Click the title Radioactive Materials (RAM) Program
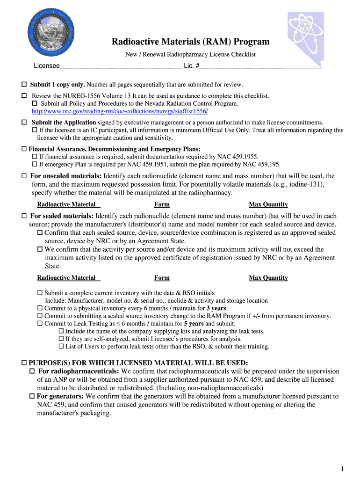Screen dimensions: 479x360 pos(190,42)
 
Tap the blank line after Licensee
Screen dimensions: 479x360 pos(121,66)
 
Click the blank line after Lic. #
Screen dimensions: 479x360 pos(260,66)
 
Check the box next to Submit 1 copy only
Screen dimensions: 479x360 pos(24,85)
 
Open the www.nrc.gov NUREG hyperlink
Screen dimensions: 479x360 pos(120,111)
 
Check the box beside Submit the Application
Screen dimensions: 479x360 pos(24,122)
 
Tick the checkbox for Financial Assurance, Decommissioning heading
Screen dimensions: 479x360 pos(24,149)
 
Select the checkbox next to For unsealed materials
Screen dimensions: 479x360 pos(24,176)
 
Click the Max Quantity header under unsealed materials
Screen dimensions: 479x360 pos(268,204)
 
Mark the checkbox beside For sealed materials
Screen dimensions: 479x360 pos(24,216)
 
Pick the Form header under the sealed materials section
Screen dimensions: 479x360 pos(162,278)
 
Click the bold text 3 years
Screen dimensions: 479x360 pos(216,308)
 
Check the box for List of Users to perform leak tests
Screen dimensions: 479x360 pos(61,347)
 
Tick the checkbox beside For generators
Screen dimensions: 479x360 pos(32,396)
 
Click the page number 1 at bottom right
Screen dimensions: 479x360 pos(342,469)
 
